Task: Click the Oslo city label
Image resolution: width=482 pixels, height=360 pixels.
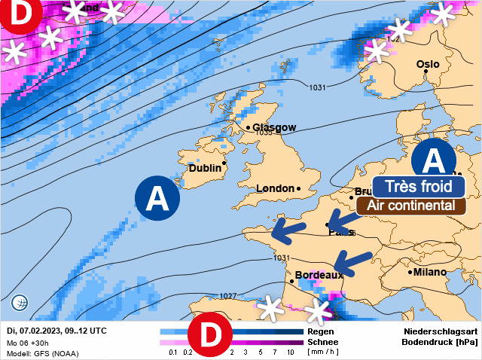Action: coord(428,64)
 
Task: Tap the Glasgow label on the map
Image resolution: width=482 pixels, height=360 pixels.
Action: coord(274,127)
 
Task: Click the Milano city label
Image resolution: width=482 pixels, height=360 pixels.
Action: coord(429,272)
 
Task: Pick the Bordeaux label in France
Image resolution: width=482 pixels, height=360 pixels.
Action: coord(319,276)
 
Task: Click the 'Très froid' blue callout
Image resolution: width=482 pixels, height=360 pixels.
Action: coord(418,186)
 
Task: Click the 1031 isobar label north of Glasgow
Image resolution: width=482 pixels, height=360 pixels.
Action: coord(317,88)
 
